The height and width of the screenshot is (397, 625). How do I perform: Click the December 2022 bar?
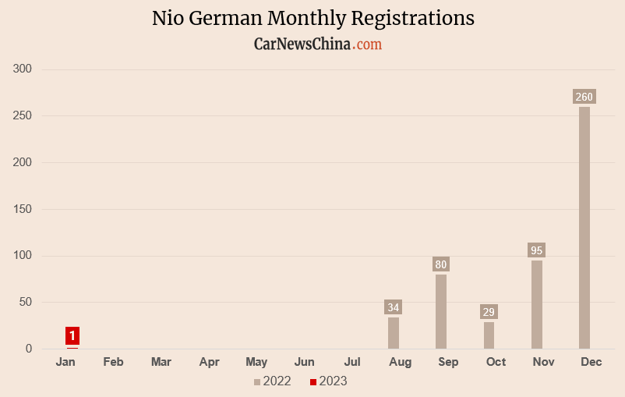584,228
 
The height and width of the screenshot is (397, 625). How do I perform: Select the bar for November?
536,304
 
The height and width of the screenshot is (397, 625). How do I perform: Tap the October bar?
489,335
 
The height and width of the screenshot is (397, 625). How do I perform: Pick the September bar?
441,311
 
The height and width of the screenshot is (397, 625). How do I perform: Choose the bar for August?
394,333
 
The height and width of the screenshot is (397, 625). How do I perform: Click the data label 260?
584,97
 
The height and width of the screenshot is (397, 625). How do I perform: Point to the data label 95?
536,250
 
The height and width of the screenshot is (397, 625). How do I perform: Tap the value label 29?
489,312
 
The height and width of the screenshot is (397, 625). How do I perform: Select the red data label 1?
72,336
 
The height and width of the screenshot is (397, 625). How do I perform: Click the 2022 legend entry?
273,381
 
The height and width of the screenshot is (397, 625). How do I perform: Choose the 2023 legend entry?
328,381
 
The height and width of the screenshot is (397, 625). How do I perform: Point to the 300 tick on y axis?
23,69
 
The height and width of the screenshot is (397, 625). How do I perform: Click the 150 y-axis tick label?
23,209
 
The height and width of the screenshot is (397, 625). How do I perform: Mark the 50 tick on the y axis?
25,303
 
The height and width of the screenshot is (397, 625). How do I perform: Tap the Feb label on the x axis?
113,362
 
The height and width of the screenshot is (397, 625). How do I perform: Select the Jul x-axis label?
352,362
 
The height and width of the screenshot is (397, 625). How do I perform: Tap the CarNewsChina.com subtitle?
318,44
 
